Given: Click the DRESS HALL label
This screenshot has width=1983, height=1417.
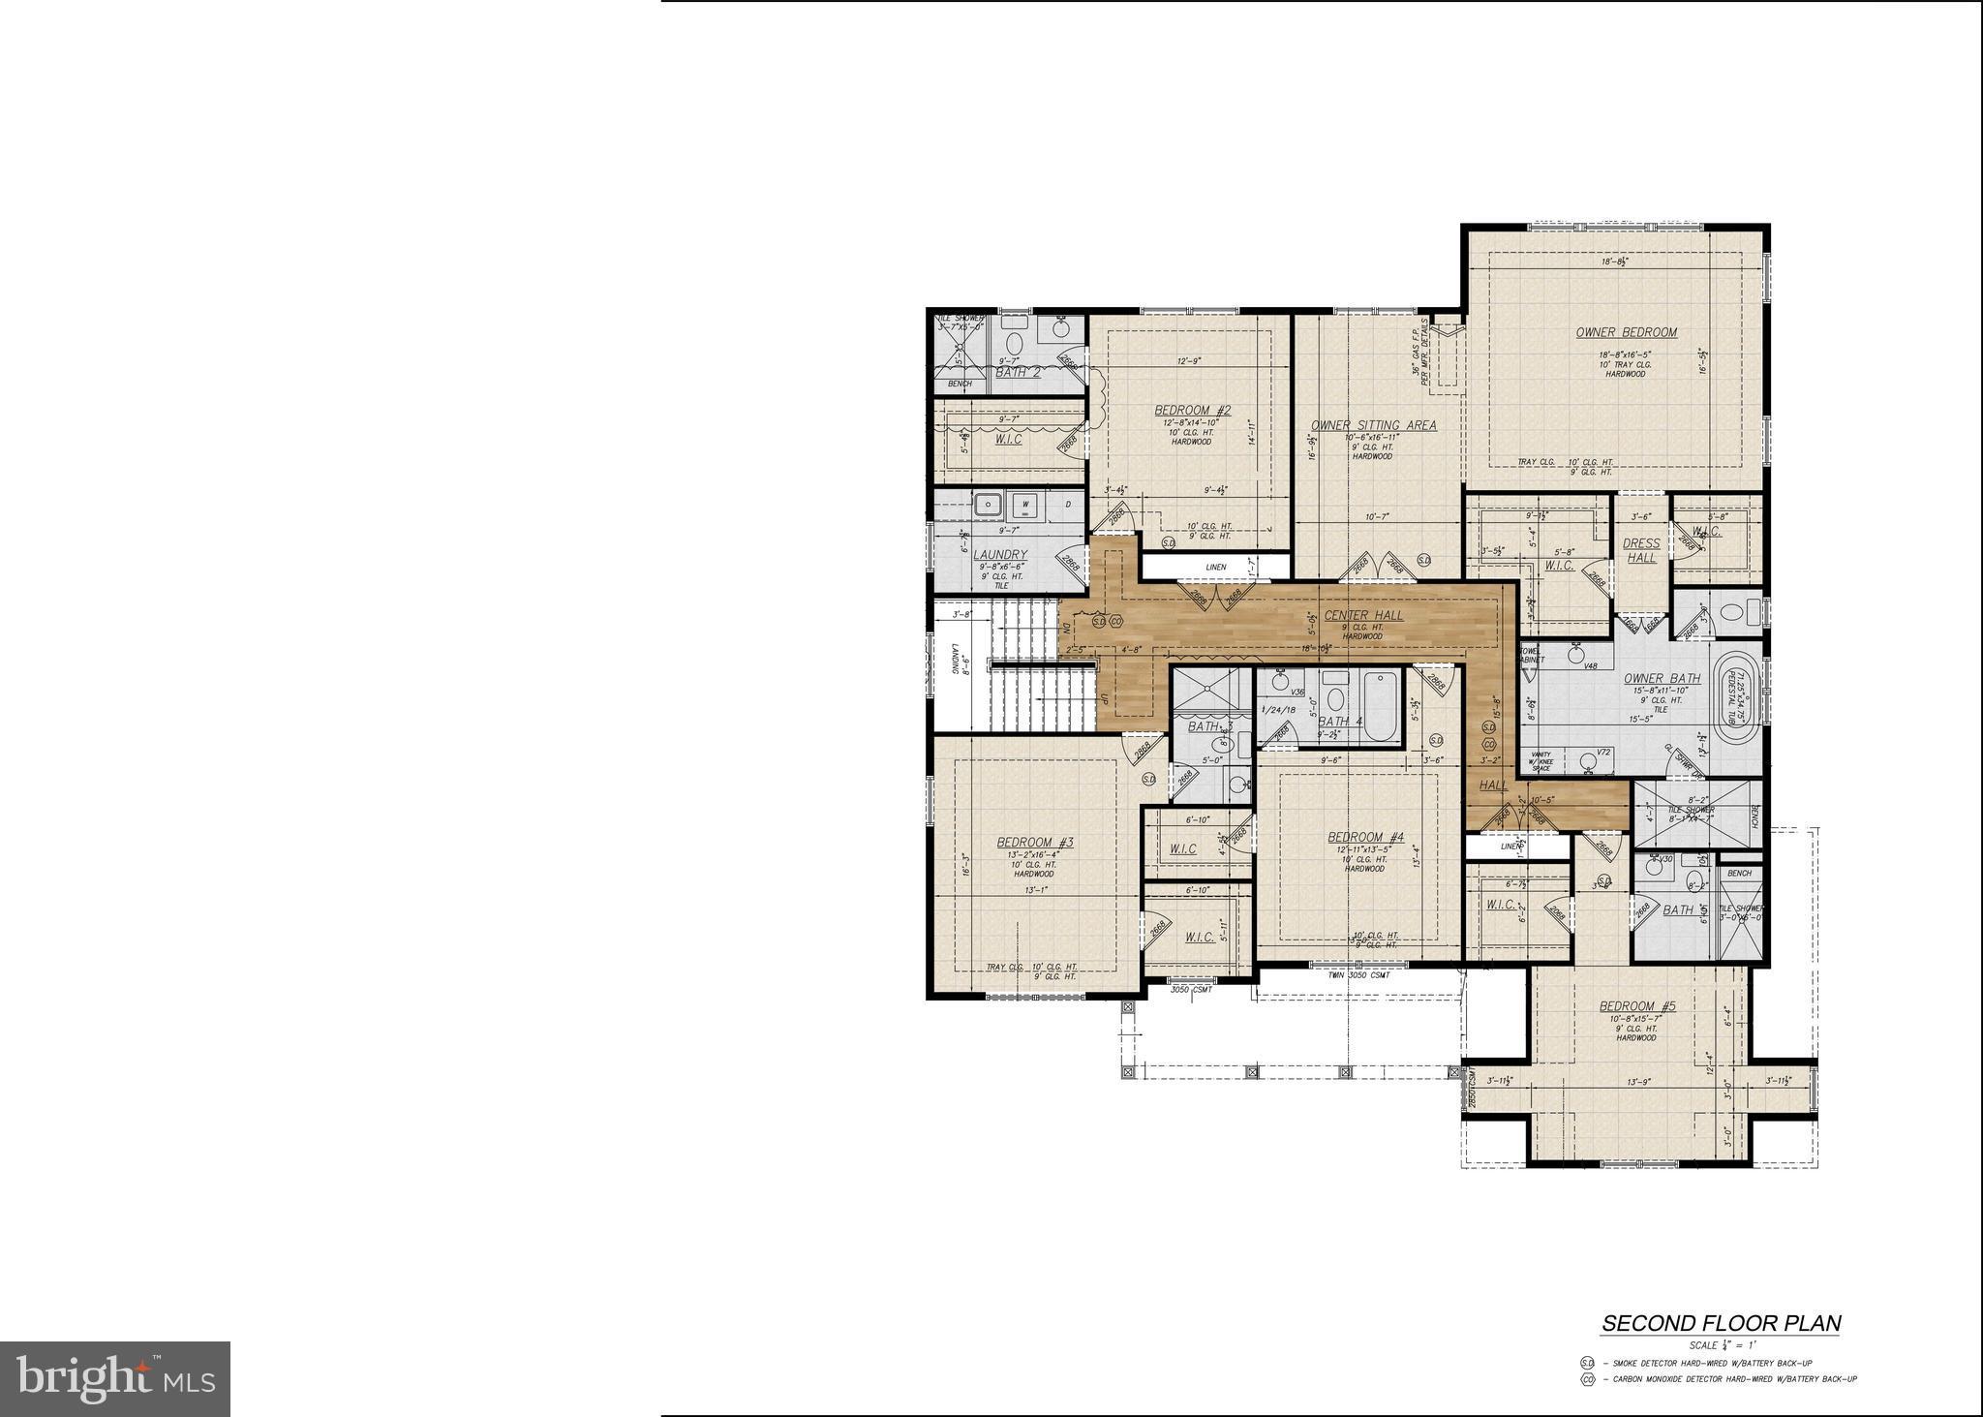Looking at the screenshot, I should tap(1641, 550).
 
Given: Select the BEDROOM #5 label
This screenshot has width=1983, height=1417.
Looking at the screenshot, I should tap(1636, 1006).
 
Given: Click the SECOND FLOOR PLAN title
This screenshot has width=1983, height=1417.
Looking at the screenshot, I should tap(1721, 1323).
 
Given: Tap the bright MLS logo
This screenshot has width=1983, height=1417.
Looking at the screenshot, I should tap(115, 1378).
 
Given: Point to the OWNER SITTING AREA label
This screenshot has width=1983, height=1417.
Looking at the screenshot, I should tap(1373, 425).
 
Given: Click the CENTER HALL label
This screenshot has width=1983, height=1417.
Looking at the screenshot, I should tap(1363, 615).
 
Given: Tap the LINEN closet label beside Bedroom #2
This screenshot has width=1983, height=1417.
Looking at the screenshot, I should tap(1216, 567).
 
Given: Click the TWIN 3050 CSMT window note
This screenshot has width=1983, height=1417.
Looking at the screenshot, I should tap(1358, 974).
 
